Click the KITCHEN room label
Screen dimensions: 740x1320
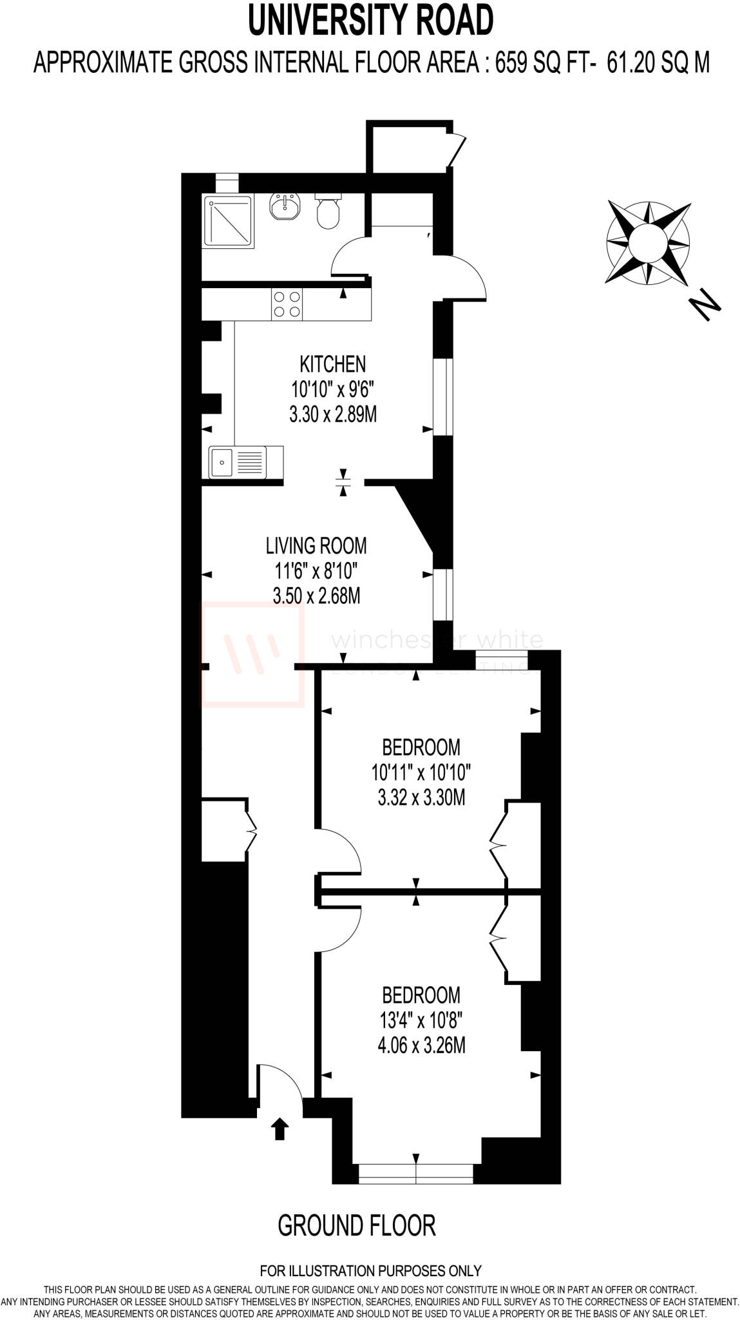pyautogui.click(x=333, y=364)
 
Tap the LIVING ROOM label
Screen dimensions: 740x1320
pyautogui.click(x=316, y=546)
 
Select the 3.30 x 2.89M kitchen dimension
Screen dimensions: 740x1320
pyautogui.click(x=333, y=414)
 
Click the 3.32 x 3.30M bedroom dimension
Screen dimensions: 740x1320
pyautogui.click(x=421, y=798)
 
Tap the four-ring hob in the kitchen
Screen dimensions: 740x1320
pyautogui.click(x=287, y=304)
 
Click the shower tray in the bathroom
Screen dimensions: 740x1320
pyautogui.click(x=227, y=221)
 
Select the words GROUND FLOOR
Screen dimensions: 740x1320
pyautogui.click(x=357, y=1225)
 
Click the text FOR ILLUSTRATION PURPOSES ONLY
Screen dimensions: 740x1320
pyautogui.click(x=371, y=1271)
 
